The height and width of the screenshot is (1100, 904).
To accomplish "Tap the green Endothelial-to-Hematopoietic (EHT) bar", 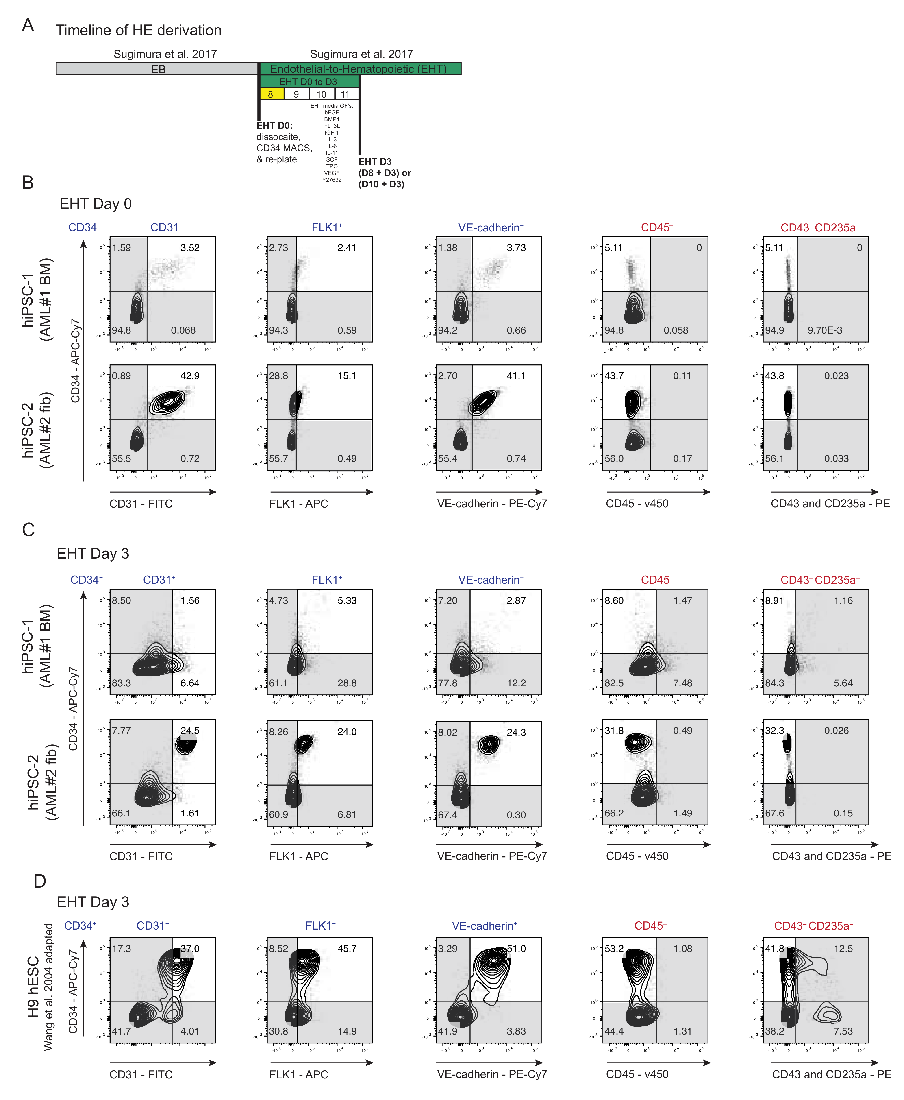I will tap(359, 69).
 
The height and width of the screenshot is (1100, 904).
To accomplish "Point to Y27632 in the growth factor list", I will tap(332, 180).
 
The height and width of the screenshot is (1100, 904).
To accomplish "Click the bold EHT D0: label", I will tap(274, 126).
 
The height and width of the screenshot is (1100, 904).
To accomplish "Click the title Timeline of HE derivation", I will tap(139, 30).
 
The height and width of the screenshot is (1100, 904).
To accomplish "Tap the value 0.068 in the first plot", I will tap(183, 330).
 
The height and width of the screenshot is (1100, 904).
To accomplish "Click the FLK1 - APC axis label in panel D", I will tap(298, 1074).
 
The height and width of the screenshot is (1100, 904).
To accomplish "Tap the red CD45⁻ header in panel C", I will tap(657, 580).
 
